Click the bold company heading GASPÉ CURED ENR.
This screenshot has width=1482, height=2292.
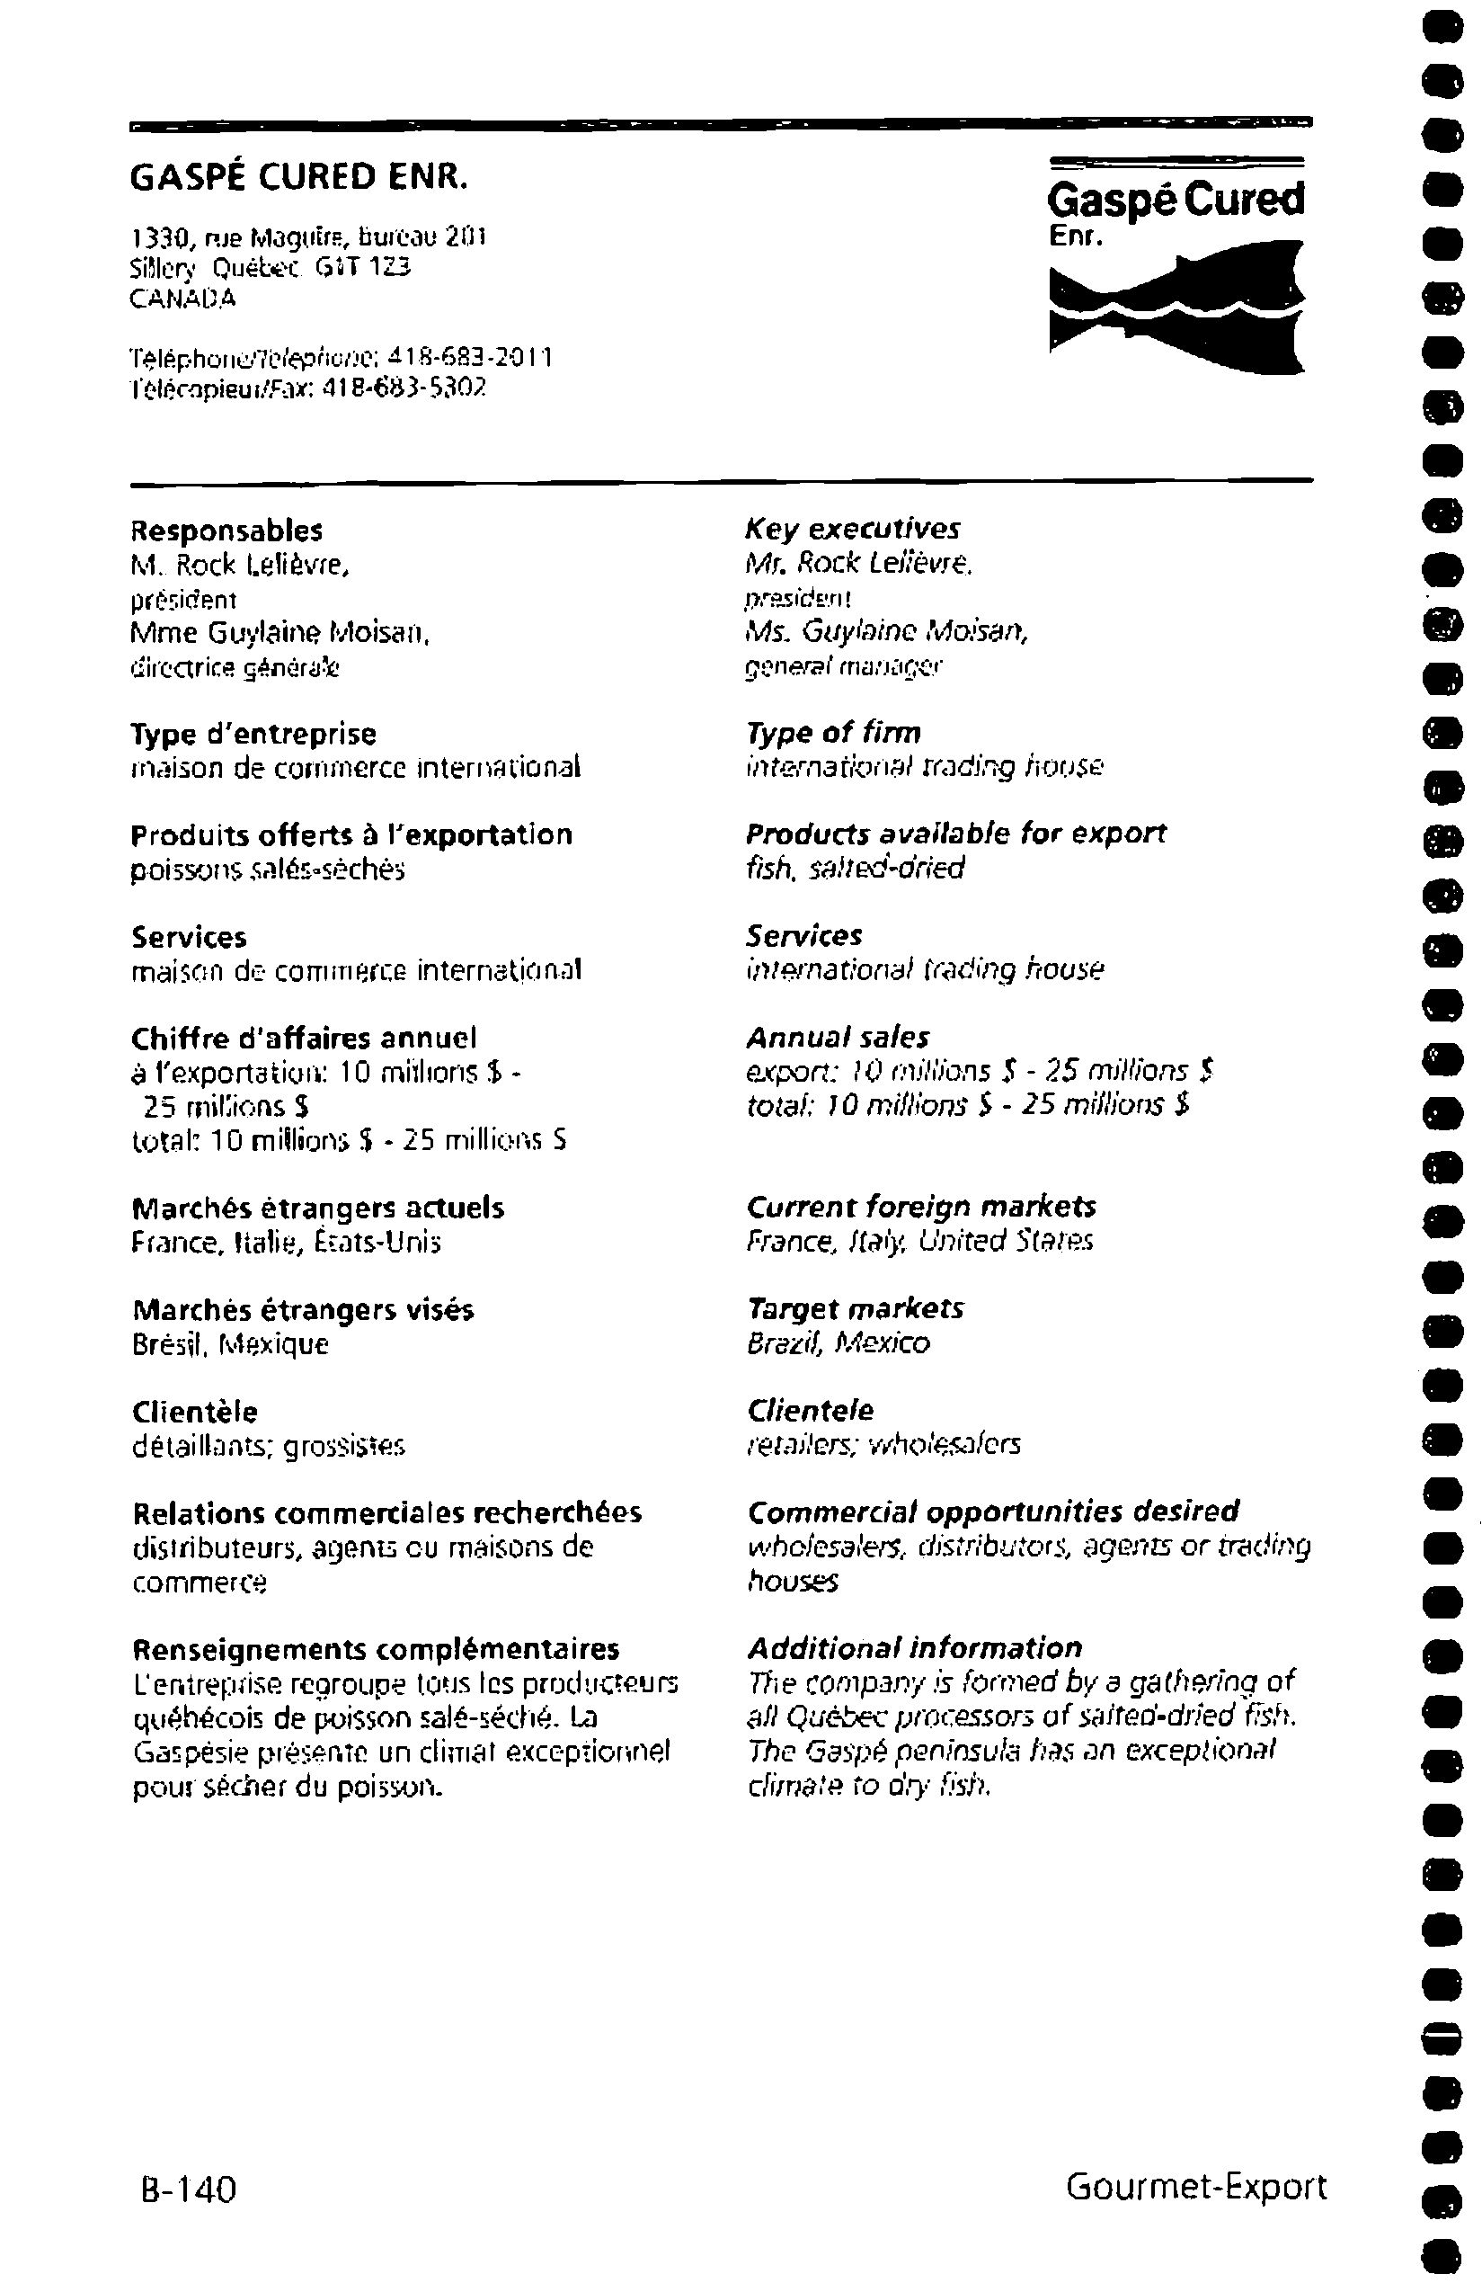(299, 178)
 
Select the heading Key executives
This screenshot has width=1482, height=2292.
(853, 529)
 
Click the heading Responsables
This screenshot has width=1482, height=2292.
(227, 531)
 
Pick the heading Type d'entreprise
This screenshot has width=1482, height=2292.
(254, 734)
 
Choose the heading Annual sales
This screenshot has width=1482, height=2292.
(838, 1037)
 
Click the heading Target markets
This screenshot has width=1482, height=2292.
(855, 1308)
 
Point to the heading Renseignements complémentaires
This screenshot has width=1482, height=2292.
(376, 1649)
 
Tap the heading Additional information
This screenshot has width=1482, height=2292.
(914, 1647)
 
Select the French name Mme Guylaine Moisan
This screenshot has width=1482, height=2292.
(280, 633)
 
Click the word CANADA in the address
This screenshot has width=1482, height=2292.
(182, 299)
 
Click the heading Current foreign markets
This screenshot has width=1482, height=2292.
(921, 1206)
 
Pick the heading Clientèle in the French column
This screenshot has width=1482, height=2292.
(195, 1413)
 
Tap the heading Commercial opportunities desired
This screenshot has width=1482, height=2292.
(992, 1512)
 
